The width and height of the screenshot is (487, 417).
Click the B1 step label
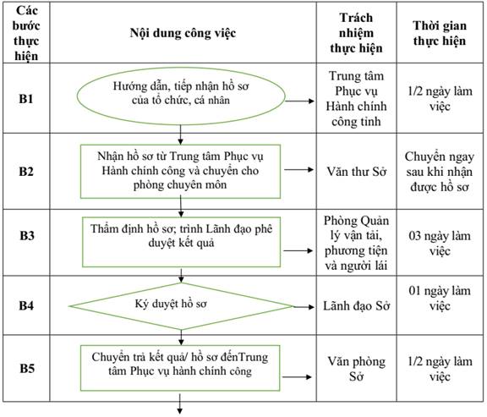pyautogui.click(x=26, y=99)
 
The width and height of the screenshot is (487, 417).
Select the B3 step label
pyautogui.click(x=27, y=235)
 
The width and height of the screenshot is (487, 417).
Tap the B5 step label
pyautogui.click(x=27, y=368)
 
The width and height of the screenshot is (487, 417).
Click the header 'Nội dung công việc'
pyautogui.click(x=183, y=33)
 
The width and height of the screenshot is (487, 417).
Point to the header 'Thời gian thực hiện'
pyautogui.click(x=440, y=33)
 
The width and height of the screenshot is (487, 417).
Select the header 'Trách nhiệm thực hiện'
pyautogui.click(x=356, y=33)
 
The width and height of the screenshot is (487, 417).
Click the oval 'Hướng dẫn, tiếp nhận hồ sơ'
pyautogui.click(x=181, y=96)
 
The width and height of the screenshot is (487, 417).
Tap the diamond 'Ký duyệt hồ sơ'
pyautogui.click(x=181, y=306)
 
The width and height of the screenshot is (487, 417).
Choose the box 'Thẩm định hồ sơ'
pyautogui.click(x=182, y=242)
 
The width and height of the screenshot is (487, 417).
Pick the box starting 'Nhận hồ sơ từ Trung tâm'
pyautogui.click(x=180, y=171)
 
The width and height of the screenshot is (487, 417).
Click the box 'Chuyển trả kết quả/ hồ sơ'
pyautogui.click(x=180, y=368)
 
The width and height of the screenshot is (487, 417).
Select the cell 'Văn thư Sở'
pyautogui.click(x=356, y=172)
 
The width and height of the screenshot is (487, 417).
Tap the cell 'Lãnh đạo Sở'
pyautogui.click(x=356, y=306)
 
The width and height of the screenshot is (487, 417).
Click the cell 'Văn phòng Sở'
pyautogui.click(x=356, y=369)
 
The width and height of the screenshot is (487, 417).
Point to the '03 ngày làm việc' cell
pyautogui.click(x=440, y=243)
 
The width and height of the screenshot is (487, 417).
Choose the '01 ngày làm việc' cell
pyautogui.click(x=440, y=298)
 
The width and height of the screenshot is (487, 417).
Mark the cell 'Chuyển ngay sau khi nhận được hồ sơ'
pyautogui.click(x=440, y=172)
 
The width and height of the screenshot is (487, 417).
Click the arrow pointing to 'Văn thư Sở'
pyautogui.click(x=298, y=170)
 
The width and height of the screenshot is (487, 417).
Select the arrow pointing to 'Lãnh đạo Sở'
pyautogui.click(x=304, y=307)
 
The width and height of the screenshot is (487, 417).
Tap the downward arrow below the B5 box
pyautogui.click(x=180, y=404)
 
